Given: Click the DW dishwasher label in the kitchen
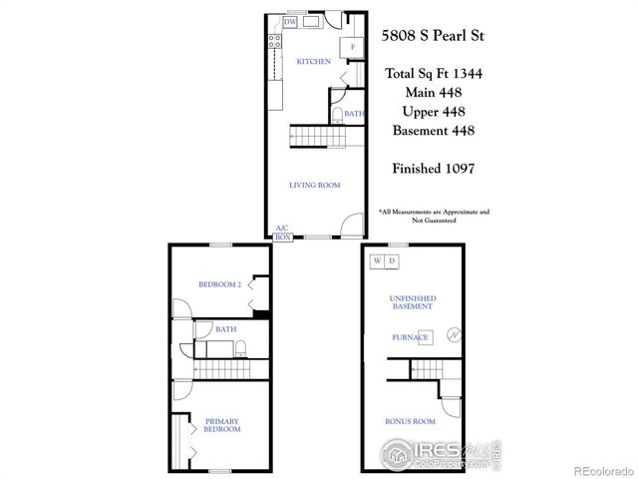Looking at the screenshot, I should [290, 21].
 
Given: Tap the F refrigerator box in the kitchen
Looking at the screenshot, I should [352, 47].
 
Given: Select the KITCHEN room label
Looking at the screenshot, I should [313, 62].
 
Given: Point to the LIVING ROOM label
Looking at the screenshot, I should [315, 185].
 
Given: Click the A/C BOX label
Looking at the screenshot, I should [282, 234].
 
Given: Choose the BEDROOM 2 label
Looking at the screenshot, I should [220, 284].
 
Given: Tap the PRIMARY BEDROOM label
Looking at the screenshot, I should [223, 424].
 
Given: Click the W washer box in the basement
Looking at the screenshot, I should [377, 261].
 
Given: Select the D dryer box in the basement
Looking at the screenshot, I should [391, 261].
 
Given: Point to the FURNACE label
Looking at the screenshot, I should [409, 337].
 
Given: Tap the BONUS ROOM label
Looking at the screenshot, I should [409, 422].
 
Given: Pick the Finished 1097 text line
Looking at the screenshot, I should [434, 168].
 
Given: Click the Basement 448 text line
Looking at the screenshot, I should [434, 130].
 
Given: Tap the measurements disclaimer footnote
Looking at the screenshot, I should [434, 216].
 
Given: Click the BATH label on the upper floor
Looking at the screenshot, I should [225, 328].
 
